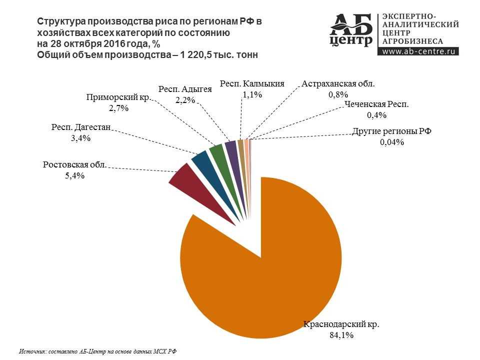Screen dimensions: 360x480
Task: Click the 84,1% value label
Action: (341, 335)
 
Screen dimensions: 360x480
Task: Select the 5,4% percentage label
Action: (75, 175)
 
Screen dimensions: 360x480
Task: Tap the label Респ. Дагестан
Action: (80, 128)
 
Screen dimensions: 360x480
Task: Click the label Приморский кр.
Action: (118, 97)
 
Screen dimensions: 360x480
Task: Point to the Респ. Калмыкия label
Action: (252, 84)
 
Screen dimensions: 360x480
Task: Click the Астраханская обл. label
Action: (338, 84)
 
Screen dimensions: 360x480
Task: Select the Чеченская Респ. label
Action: (376, 104)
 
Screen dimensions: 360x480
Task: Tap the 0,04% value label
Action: (391, 142)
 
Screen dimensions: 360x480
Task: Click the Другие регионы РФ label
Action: (391, 131)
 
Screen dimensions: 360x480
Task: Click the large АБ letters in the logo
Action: (351, 23)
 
